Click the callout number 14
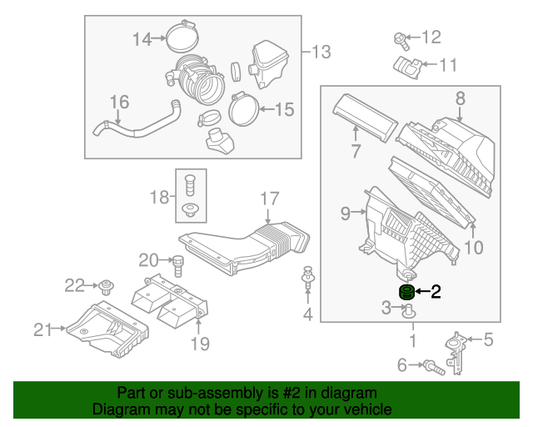click(142, 38)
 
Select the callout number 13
click(321, 52)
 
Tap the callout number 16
click(120, 102)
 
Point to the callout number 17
click(268, 198)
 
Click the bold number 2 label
click(435, 291)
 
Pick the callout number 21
click(43, 329)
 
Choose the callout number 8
click(460, 98)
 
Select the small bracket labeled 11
click(406, 66)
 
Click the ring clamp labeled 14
click(182, 37)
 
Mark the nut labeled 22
click(106, 288)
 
